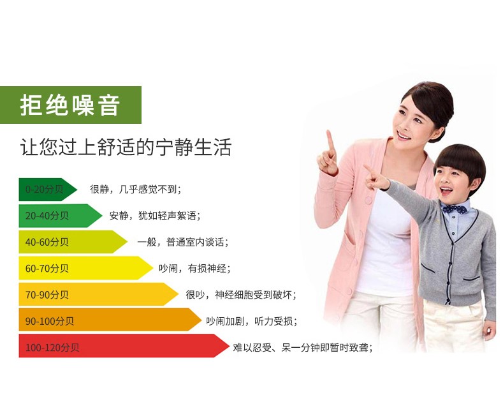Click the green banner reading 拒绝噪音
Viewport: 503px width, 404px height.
71,105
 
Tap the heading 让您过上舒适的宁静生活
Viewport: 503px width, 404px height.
126,147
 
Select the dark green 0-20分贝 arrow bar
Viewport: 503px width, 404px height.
48,190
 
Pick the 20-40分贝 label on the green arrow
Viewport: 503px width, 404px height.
47,216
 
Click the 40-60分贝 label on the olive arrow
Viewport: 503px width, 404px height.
47,242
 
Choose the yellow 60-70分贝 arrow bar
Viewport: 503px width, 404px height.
85,268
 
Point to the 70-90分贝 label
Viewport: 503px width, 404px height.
47,294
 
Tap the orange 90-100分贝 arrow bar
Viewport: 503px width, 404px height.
110,320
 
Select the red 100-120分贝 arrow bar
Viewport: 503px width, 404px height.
124,346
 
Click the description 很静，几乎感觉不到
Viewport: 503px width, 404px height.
135,189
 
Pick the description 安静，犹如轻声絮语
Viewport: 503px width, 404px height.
155,216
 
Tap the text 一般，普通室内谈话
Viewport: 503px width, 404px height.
183,242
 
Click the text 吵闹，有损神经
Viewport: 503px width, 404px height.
194,268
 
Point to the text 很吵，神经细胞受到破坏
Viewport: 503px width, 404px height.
241,294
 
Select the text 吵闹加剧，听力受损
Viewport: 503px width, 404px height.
251,321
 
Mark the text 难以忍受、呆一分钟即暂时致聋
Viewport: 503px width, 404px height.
303,347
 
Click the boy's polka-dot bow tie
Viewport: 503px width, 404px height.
455,209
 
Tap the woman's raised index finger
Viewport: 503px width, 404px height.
330,142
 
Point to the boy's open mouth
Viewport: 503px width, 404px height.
446,191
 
